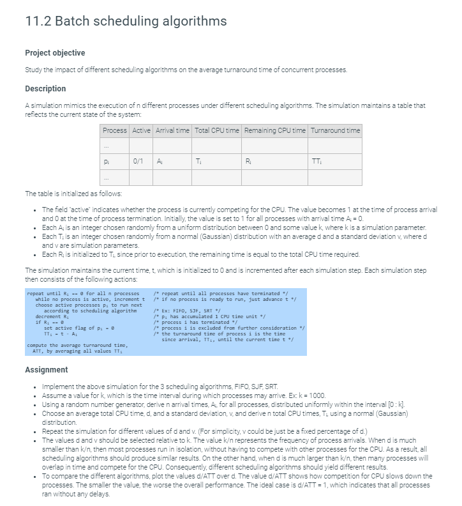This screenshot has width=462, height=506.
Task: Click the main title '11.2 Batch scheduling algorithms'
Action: click(x=126, y=21)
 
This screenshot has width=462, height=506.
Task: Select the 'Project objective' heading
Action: click(x=55, y=52)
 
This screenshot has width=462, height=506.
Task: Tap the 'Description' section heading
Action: click(x=45, y=88)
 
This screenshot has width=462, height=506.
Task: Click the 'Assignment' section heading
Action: click(x=47, y=369)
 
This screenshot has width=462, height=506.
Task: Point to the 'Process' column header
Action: click(x=115, y=130)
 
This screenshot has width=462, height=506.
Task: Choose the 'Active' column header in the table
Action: click(x=141, y=130)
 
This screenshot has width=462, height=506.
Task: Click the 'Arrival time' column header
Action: click(x=172, y=130)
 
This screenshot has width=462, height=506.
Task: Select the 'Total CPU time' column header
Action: click(x=217, y=130)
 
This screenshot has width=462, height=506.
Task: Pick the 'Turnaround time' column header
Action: click(x=336, y=130)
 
